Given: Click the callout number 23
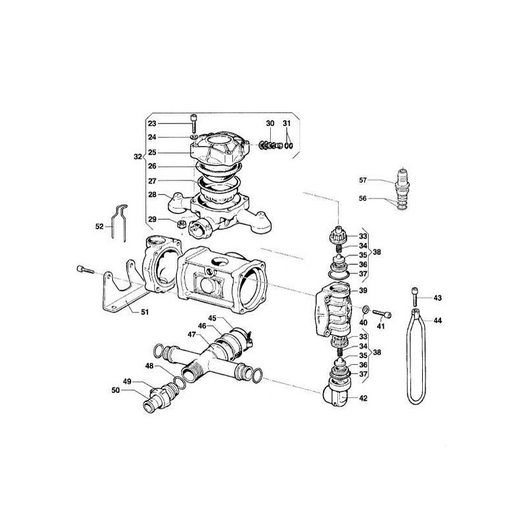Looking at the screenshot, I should click(151, 123).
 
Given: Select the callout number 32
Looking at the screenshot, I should click(137, 157).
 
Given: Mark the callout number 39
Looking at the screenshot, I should click(363, 290).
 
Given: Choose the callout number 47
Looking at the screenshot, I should click(192, 334).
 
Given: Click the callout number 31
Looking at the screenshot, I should click(287, 123).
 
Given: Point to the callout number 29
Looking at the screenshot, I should click(151, 220).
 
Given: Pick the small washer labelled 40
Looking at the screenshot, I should click(366, 308).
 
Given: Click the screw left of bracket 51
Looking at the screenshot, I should click(82, 269).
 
